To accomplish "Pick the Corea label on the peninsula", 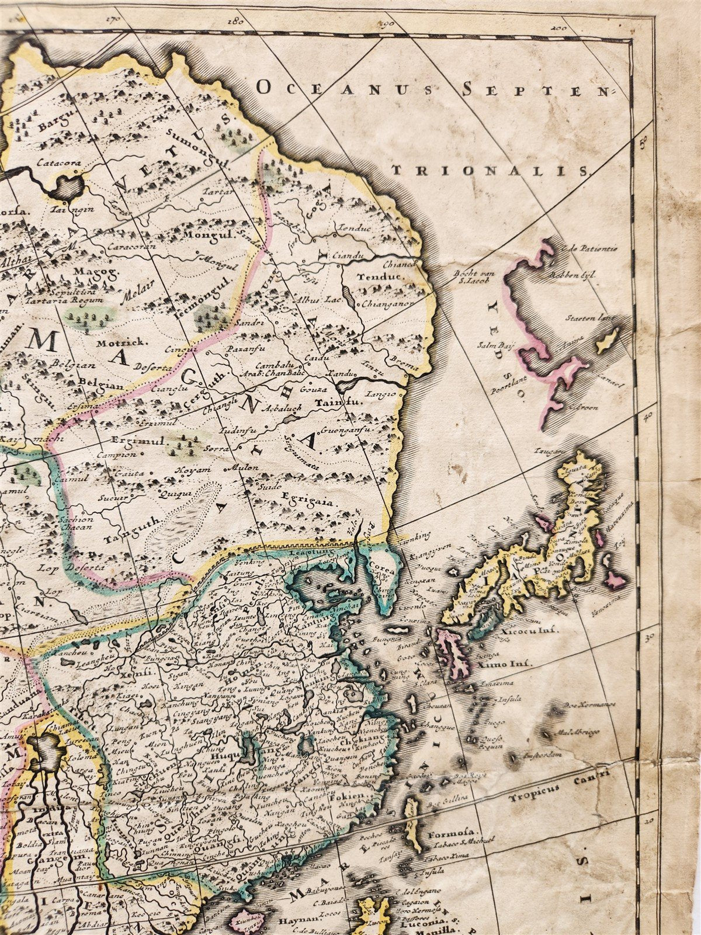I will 381,566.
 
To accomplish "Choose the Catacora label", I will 57,163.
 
